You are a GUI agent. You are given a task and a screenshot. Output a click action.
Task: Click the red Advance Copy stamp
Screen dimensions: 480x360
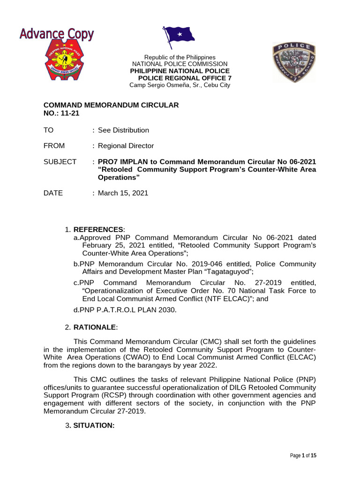point(56,34)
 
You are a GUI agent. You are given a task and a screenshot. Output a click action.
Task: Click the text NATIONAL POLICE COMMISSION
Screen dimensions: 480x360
point(180,64)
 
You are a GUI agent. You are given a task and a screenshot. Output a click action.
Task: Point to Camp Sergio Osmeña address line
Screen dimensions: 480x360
point(180,85)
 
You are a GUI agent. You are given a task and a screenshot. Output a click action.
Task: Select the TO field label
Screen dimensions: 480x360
point(49,130)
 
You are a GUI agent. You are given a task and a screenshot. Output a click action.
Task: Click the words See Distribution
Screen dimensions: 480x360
point(123,130)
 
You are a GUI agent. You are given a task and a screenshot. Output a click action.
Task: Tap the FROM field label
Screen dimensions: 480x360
point(54,146)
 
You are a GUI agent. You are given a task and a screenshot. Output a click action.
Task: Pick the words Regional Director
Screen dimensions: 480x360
point(126,146)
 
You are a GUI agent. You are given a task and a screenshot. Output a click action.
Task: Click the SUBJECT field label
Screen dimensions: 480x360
point(60,162)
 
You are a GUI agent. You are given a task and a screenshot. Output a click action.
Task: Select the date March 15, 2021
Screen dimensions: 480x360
point(123,193)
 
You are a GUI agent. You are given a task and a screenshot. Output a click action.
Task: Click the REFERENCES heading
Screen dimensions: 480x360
point(98,229)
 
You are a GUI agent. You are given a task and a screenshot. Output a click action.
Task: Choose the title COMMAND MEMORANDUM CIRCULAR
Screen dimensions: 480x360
point(111,105)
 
